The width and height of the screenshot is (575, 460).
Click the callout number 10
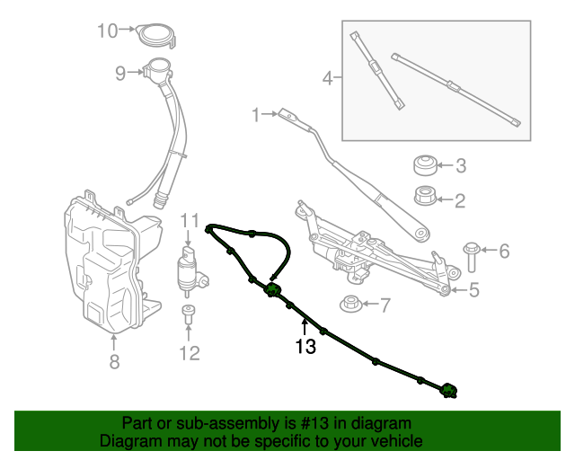click(x=107, y=31)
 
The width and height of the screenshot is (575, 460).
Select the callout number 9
click(x=120, y=75)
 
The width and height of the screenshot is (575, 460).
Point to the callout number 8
click(x=114, y=362)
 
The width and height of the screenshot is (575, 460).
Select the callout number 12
click(x=189, y=353)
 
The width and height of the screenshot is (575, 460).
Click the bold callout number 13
click(x=305, y=347)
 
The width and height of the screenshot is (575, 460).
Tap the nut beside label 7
click(x=351, y=304)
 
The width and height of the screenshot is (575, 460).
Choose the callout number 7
click(x=385, y=305)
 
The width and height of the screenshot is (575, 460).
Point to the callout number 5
click(x=473, y=290)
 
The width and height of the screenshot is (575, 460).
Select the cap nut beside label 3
click(x=424, y=165)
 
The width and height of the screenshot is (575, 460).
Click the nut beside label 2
click(x=424, y=195)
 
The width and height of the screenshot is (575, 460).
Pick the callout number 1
click(x=255, y=114)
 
